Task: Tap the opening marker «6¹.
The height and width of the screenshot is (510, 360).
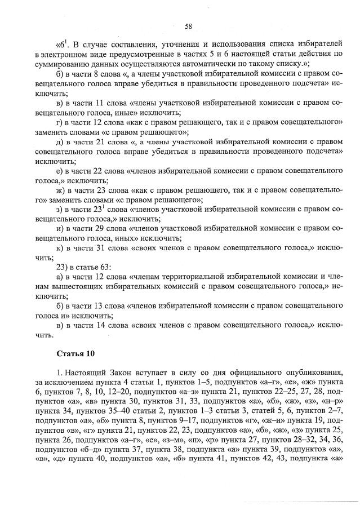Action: pyautogui.click(x=63, y=43)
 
